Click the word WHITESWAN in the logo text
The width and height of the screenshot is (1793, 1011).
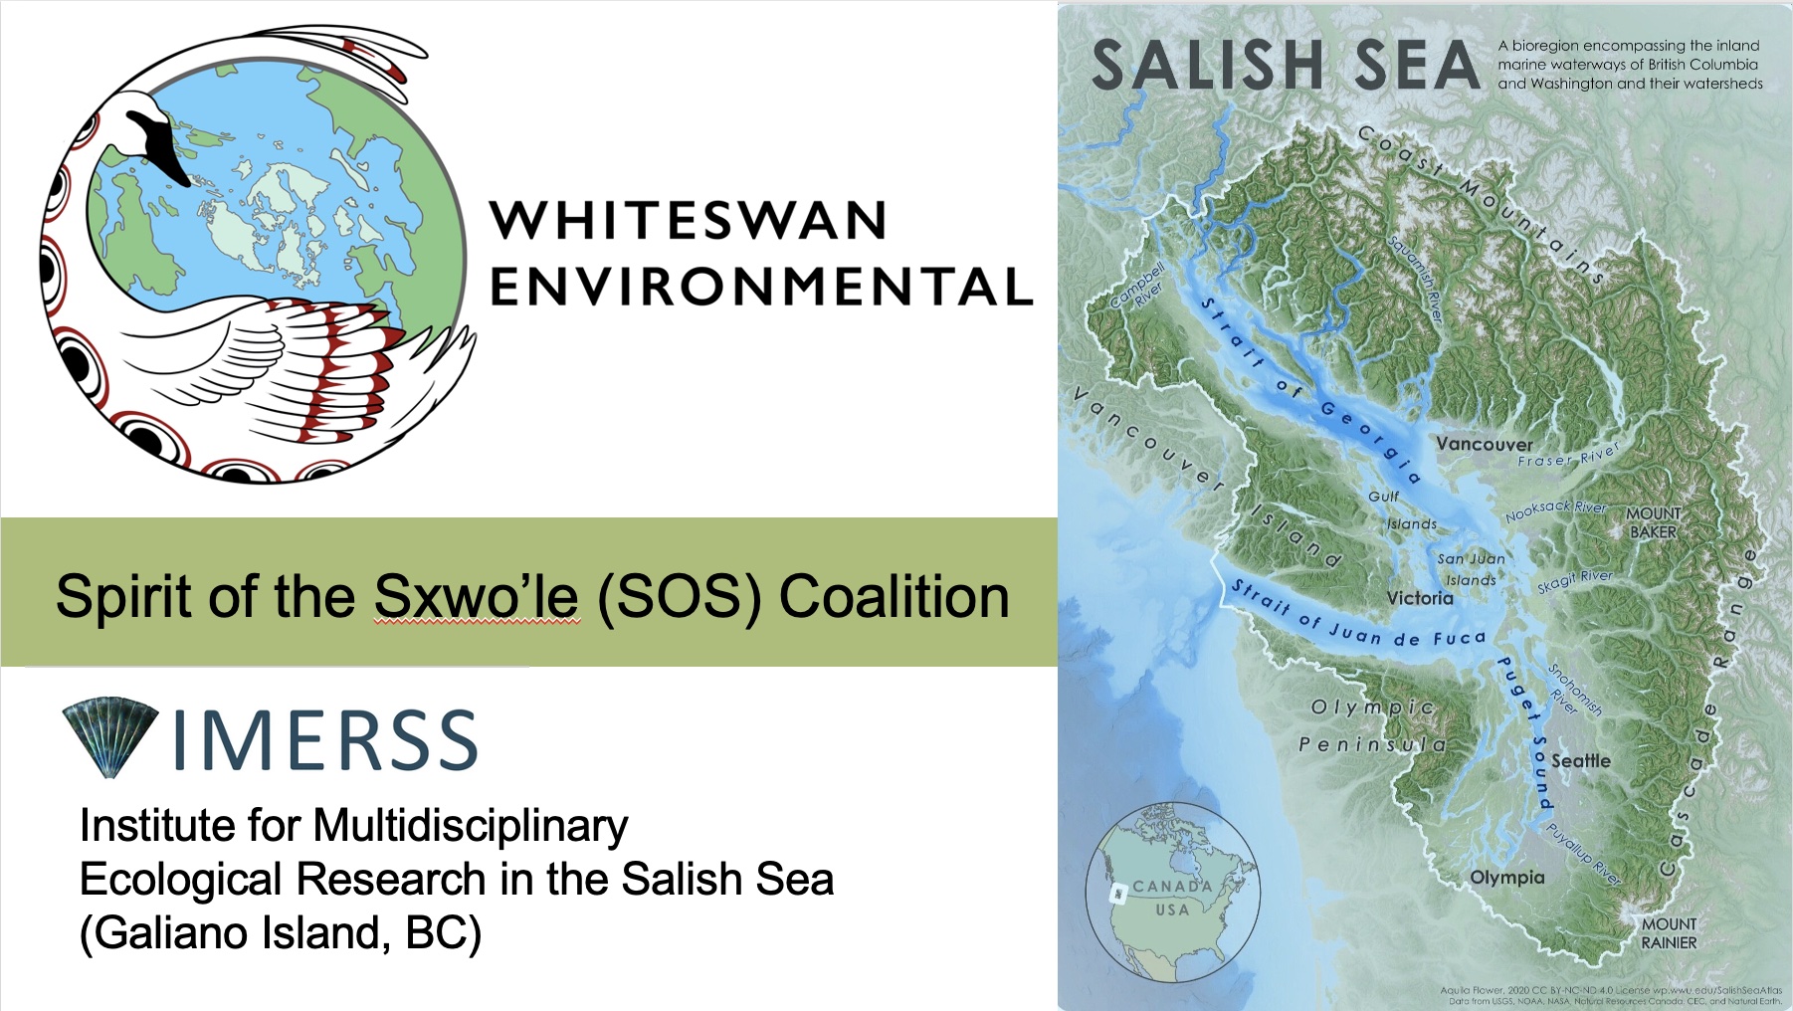click(x=688, y=221)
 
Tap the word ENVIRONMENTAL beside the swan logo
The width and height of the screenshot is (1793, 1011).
click(x=761, y=287)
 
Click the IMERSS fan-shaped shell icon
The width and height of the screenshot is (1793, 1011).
click(x=110, y=737)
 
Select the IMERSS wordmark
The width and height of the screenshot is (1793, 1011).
click(x=324, y=741)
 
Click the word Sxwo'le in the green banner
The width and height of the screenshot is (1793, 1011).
click(x=476, y=597)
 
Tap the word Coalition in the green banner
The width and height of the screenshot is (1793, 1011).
click(x=894, y=597)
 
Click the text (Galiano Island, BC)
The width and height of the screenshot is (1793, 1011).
click(x=280, y=933)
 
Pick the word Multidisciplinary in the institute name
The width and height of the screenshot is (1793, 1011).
click(x=471, y=826)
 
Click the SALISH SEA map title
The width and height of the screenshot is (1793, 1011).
click(x=1286, y=66)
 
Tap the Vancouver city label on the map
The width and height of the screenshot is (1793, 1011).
click(x=1484, y=444)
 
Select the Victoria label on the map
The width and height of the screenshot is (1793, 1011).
click(x=1420, y=598)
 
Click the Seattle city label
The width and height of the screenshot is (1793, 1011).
click(x=1580, y=761)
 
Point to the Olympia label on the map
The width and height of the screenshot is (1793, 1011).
click(x=1507, y=878)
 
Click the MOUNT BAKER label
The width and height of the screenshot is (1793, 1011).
click(x=1653, y=522)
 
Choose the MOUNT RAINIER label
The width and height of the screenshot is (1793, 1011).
click(x=1669, y=933)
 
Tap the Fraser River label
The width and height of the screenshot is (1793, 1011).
click(x=1568, y=456)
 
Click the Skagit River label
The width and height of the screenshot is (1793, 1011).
click(x=1574, y=581)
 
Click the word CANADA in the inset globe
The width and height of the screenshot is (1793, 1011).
click(x=1172, y=886)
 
